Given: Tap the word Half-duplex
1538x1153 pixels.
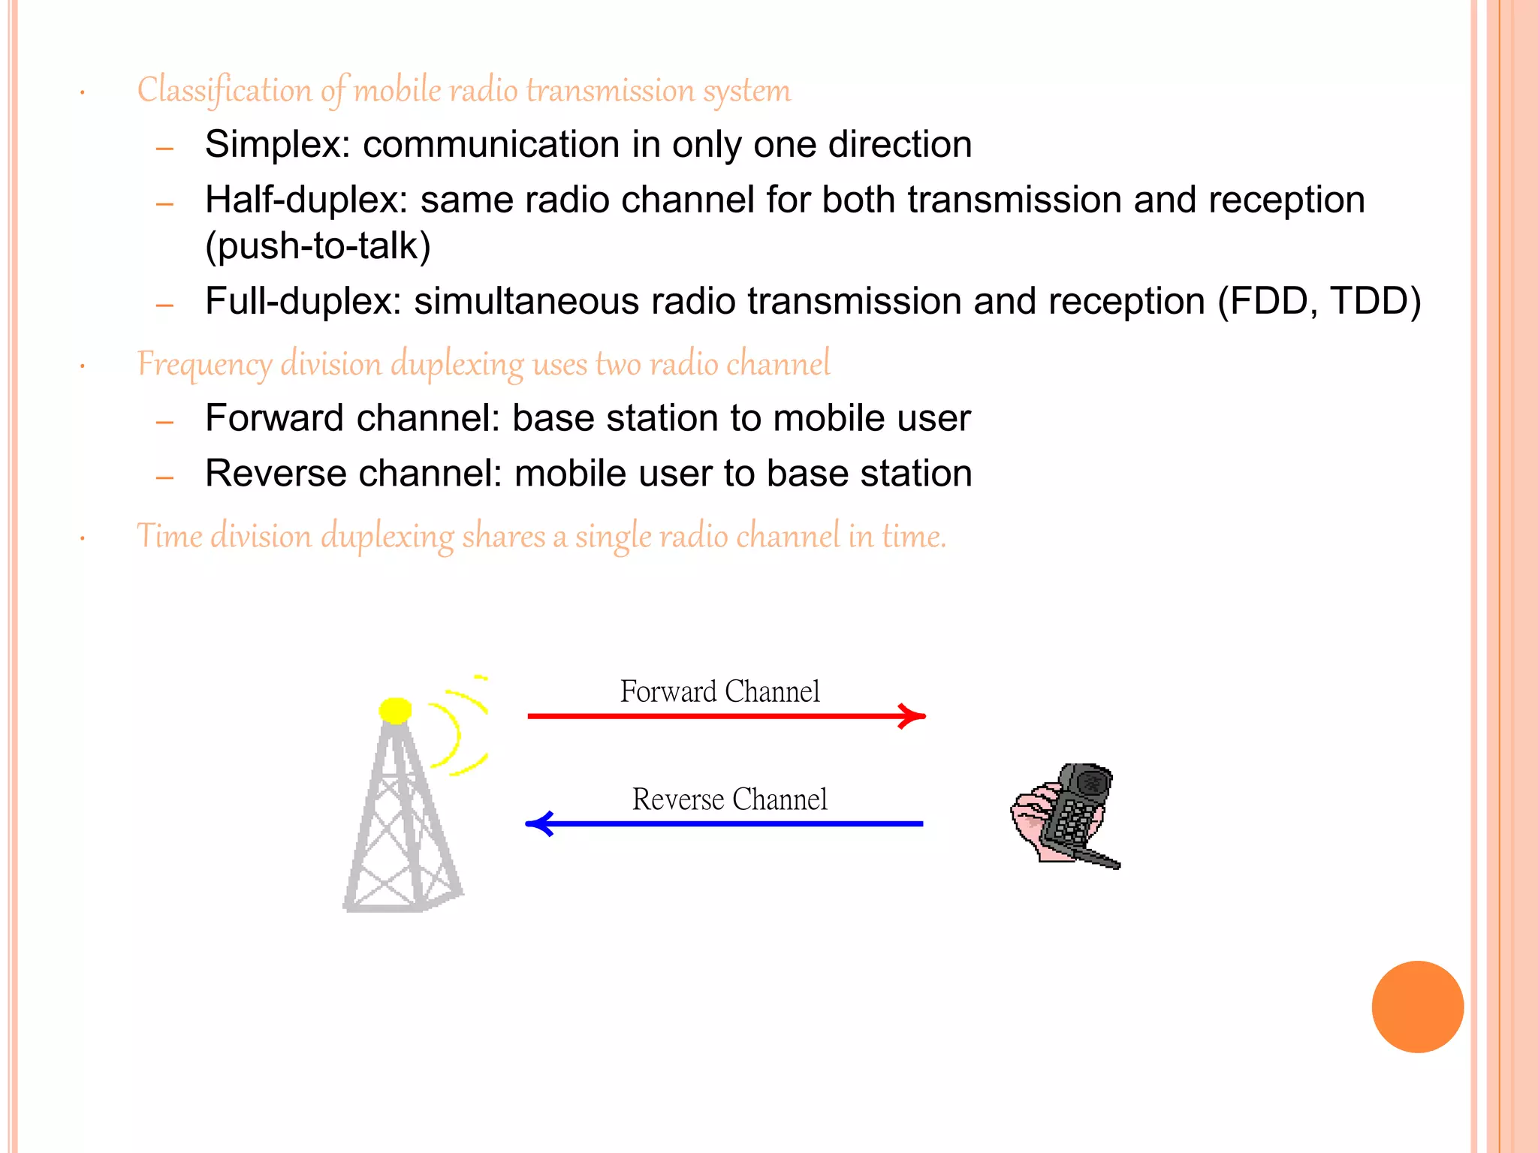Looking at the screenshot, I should tap(306, 200).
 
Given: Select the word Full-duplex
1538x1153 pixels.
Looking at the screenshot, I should tap(303, 302).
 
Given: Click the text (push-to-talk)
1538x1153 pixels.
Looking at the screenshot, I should tap(318, 246).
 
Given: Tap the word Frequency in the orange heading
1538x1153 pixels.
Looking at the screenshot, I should tap(204, 365).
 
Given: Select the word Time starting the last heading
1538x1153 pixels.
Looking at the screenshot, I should tap(169, 537).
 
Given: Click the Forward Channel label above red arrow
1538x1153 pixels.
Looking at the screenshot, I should tap(719, 691).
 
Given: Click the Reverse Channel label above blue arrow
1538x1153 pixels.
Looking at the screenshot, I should tap(729, 799).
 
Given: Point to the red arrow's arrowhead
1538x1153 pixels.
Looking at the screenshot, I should tap(913, 716).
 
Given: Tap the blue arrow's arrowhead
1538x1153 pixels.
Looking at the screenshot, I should tap(538, 823).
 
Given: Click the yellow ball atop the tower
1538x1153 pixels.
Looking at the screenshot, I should tap(395, 710).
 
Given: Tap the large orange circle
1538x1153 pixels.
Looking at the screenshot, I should tap(1417, 1007).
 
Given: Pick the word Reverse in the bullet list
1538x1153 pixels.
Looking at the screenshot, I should tap(274, 474).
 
